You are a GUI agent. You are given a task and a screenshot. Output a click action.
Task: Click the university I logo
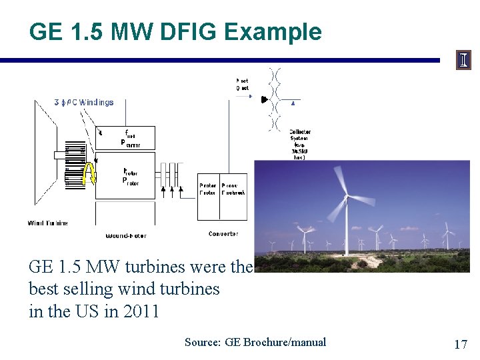[x=463, y=60]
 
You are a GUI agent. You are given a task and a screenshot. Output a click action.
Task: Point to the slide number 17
[x=460, y=344]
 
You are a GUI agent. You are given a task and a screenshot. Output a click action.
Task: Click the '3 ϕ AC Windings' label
[x=84, y=103]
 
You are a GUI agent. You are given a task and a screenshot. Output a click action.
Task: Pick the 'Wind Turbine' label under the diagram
[x=47, y=223]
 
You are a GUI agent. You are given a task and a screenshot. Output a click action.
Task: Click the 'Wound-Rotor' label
[x=126, y=235]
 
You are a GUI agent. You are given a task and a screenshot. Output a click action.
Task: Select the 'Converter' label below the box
[x=223, y=234]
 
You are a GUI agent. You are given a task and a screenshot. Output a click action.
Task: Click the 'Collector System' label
[x=299, y=135]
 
